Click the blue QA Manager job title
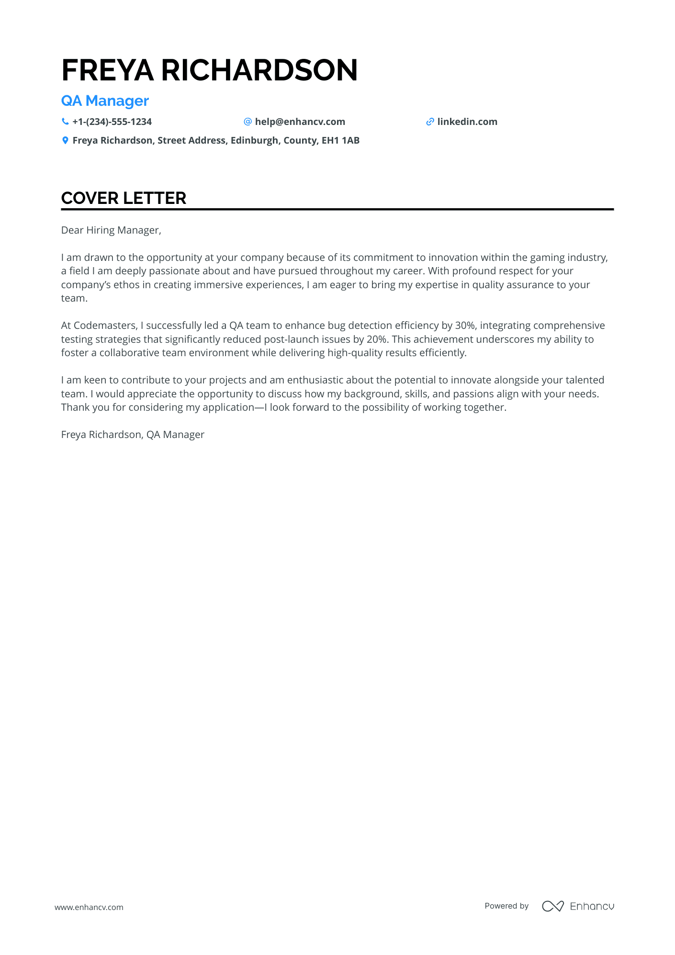(x=105, y=101)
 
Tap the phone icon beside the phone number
(x=65, y=122)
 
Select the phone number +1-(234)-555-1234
(x=112, y=122)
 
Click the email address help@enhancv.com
(x=300, y=122)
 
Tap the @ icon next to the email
(x=247, y=122)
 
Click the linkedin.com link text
(x=467, y=122)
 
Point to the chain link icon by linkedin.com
(x=430, y=122)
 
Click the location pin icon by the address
(x=65, y=140)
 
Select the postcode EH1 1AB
(x=340, y=140)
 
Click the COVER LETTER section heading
(x=124, y=198)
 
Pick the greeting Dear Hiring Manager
(x=111, y=230)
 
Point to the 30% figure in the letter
(x=465, y=326)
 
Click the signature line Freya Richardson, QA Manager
(x=133, y=435)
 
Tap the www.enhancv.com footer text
(x=89, y=907)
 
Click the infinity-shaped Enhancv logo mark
(x=552, y=906)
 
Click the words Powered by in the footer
(x=506, y=906)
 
